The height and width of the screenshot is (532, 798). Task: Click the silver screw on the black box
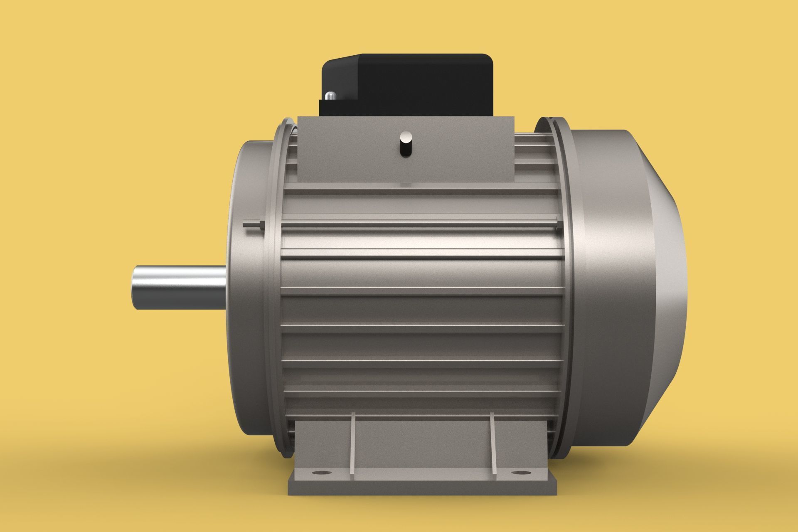[x=330, y=96]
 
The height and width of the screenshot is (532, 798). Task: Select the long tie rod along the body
[x=416, y=225]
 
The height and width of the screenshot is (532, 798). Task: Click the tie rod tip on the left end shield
[x=249, y=225]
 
